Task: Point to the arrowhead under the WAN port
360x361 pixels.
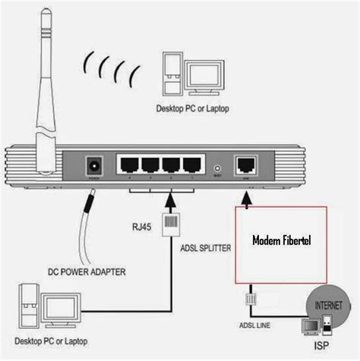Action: [247, 198]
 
